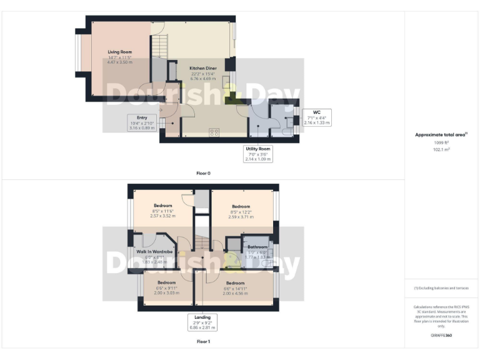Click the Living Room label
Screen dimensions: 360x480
(119, 52)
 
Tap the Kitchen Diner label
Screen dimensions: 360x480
(204, 69)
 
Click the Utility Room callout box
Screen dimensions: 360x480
(257, 154)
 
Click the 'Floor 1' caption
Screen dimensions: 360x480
(203, 342)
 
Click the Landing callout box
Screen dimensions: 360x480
(203, 322)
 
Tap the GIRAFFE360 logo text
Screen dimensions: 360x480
(441, 336)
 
